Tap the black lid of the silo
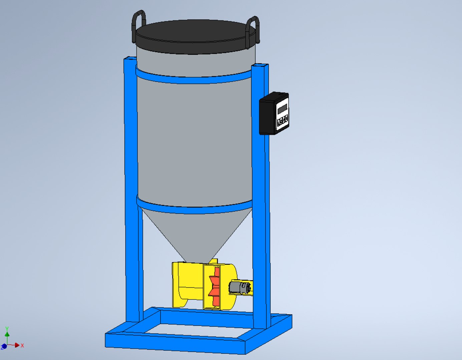coord(195,33)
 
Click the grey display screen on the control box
coord(282,108)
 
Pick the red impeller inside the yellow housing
coord(215,287)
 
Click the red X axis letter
coord(22,346)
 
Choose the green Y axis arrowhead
coord(7,334)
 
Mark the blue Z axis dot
coord(4,347)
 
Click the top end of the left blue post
coord(130,60)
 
